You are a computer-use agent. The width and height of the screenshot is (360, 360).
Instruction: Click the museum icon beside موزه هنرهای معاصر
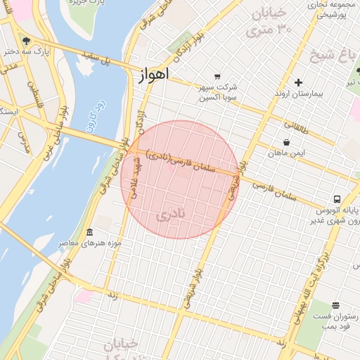[x=89, y=232]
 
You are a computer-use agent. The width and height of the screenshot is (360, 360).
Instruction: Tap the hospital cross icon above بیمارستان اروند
[x=299, y=82]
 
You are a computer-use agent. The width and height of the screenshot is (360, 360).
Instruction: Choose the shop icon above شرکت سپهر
[x=217, y=77]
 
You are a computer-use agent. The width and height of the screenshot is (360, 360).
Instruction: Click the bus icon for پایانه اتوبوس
[x=337, y=199]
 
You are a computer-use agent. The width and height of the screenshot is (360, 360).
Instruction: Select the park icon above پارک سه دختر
[x=26, y=40]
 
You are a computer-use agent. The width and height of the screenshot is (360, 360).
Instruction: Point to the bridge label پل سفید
[x=96, y=56]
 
